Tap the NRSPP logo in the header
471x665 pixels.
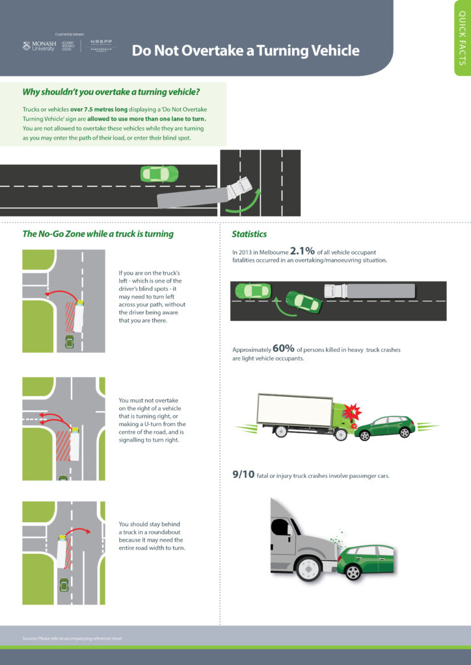tap(101, 45)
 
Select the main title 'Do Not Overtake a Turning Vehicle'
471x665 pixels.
tap(245, 51)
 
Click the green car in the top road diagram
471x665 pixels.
tap(159, 174)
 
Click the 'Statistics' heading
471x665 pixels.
tap(249, 234)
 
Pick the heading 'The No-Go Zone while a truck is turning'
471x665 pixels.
tap(98, 234)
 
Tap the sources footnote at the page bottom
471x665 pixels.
tap(72, 638)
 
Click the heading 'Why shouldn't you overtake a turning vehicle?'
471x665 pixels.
tap(111, 92)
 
